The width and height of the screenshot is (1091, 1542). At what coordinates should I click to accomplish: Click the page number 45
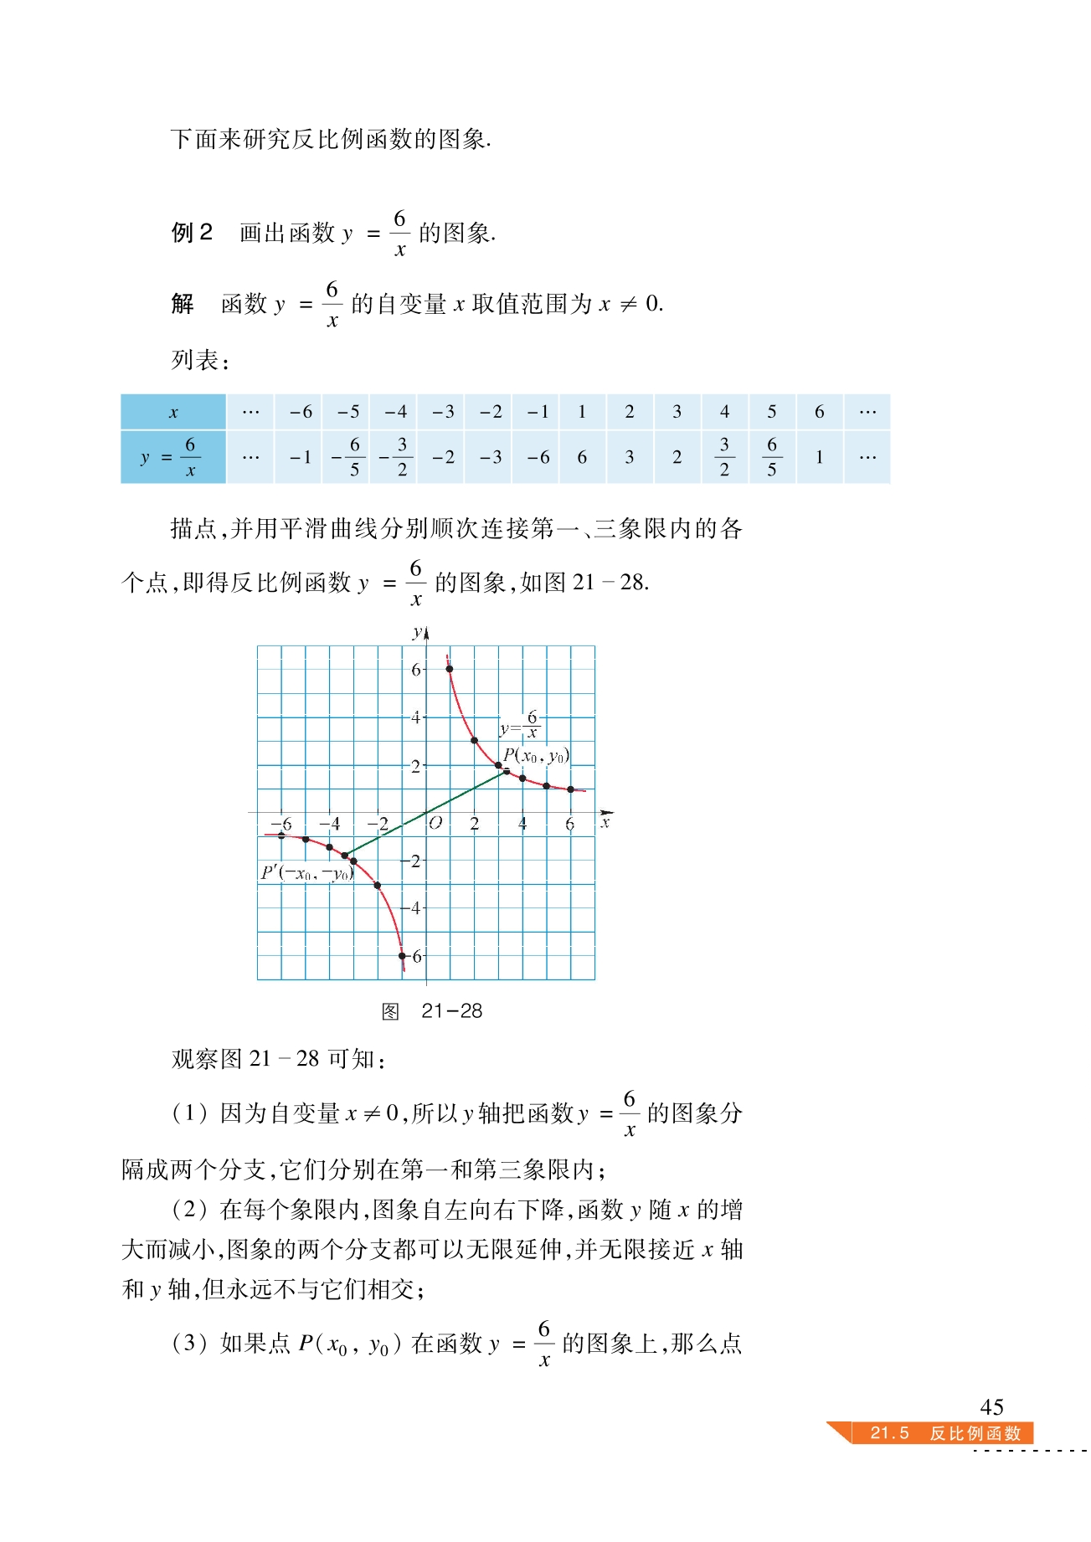991,1407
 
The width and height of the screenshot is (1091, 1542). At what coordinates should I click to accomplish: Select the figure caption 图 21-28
431,1011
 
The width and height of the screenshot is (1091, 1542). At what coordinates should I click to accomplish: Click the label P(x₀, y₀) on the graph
536,756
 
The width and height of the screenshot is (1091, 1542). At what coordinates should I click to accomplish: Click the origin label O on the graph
435,824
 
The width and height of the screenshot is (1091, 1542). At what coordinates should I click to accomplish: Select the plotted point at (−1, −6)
402,956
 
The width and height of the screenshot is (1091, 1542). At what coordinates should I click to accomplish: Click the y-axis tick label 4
415,717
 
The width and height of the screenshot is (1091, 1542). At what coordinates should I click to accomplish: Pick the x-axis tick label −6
282,824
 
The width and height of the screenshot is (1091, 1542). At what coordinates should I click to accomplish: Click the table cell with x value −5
347,412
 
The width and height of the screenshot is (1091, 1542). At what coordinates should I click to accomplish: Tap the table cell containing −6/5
347,457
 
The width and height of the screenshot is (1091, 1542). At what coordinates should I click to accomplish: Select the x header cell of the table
173,412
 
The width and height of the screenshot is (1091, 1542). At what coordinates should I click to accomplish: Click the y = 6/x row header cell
173,457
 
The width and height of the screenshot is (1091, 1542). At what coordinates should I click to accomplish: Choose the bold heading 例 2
192,233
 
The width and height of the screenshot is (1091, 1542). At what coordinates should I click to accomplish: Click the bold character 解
183,303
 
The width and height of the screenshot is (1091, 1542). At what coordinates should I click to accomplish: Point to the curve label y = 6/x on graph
520,725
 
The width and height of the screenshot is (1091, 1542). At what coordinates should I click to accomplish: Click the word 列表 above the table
196,361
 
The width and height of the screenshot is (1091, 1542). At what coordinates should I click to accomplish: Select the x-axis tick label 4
522,824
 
